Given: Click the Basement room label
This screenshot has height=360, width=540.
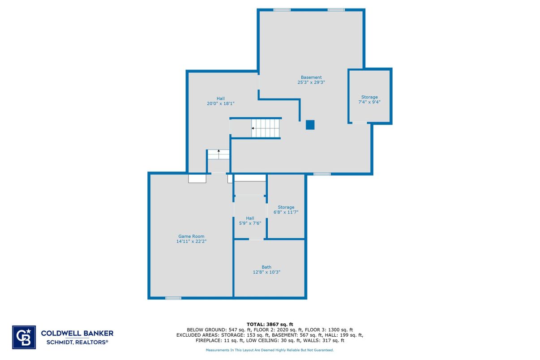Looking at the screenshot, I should (x=311, y=77).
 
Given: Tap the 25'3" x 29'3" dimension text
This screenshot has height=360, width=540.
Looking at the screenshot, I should (x=311, y=83).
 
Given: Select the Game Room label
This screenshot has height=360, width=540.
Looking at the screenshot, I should (x=191, y=236).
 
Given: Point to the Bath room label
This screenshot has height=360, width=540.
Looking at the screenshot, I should (x=266, y=267).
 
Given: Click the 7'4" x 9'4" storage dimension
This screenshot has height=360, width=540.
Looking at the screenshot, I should (x=369, y=102).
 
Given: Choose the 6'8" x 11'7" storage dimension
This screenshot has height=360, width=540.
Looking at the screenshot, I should (x=286, y=212).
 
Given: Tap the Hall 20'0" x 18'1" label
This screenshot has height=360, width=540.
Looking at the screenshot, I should (x=220, y=101).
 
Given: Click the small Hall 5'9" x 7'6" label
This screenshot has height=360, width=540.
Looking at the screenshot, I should (x=250, y=221).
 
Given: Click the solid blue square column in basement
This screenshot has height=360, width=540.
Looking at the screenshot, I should (x=310, y=125).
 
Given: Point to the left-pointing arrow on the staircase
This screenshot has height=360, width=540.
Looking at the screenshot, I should (x=253, y=128).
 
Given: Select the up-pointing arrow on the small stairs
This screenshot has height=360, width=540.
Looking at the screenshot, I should (x=219, y=151).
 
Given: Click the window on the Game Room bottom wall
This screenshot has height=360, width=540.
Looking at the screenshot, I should (x=173, y=298).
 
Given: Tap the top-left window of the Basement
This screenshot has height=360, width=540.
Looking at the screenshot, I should (x=282, y=10).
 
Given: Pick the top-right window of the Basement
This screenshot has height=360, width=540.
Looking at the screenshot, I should (x=336, y=10).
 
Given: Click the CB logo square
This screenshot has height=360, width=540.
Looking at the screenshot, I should (x=24, y=337).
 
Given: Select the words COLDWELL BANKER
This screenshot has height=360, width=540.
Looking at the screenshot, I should (x=77, y=333).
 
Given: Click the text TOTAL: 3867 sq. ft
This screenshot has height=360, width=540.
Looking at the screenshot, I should (x=270, y=324).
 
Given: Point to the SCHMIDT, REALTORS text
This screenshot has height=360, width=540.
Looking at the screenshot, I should (x=77, y=342).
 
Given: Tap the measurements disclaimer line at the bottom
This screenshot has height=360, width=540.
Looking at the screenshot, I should (x=270, y=350).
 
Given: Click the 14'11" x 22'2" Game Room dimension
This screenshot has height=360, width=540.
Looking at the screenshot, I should (x=191, y=241).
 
